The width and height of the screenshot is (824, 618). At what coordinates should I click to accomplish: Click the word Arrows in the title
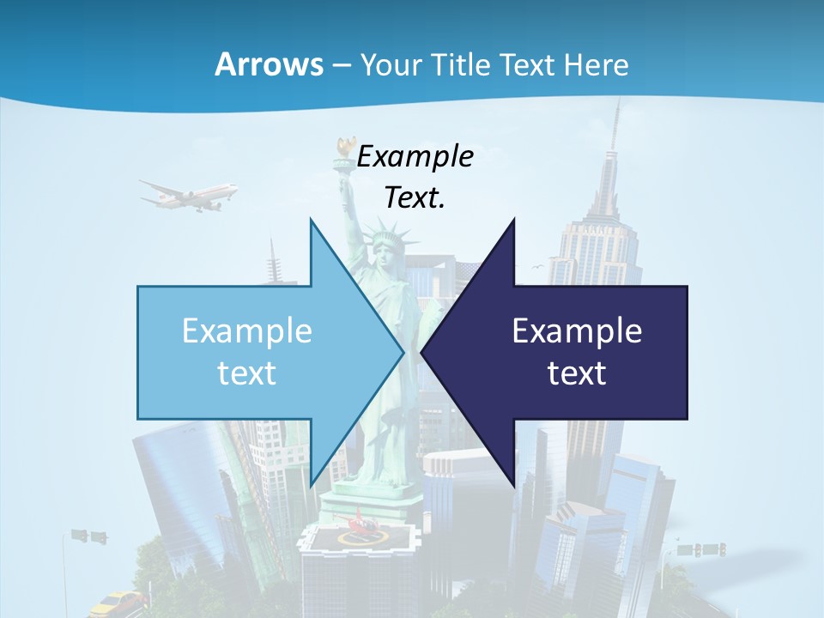pyautogui.click(x=269, y=64)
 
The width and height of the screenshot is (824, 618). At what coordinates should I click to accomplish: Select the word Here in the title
pyautogui.click(x=597, y=64)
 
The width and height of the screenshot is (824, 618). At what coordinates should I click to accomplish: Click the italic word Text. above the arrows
pyautogui.click(x=415, y=198)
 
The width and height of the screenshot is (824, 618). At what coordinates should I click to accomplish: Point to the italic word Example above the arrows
pyautogui.click(x=415, y=157)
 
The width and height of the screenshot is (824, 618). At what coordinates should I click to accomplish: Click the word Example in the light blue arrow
pyautogui.click(x=247, y=331)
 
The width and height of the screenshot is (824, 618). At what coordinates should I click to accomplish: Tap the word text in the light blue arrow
pyautogui.click(x=247, y=373)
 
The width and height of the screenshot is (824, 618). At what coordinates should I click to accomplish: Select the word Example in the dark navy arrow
pyautogui.click(x=577, y=331)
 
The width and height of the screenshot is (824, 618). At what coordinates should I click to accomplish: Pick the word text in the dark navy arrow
pyautogui.click(x=577, y=373)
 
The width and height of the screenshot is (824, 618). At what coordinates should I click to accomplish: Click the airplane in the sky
pyautogui.click(x=190, y=196)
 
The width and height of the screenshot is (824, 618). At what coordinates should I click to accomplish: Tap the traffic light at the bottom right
pyautogui.click(x=701, y=549)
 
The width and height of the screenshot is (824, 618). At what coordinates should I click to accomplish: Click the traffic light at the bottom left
pyautogui.click(x=89, y=536)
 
